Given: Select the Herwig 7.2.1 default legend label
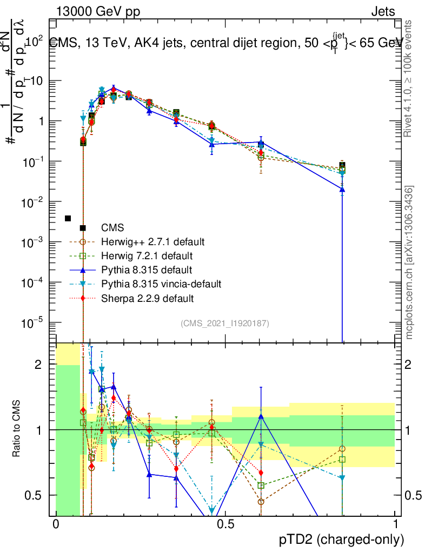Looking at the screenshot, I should (147, 255).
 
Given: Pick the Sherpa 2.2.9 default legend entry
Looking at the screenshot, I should (148, 298).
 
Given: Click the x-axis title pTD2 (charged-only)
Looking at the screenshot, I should (341, 539).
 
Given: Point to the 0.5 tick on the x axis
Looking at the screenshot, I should (225, 524).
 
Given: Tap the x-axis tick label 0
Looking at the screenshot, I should (56, 524).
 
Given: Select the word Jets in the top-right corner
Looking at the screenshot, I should (383, 12).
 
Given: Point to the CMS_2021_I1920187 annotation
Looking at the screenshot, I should (225, 323).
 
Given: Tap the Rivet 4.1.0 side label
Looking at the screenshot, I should (409, 78).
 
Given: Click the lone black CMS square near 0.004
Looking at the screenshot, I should (68, 218).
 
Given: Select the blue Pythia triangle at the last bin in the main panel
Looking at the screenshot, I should (342, 190).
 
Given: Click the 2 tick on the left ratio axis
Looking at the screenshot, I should (38, 365).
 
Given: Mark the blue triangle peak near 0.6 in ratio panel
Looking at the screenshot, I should (261, 416).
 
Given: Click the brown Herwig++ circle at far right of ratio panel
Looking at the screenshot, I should (342, 449).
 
